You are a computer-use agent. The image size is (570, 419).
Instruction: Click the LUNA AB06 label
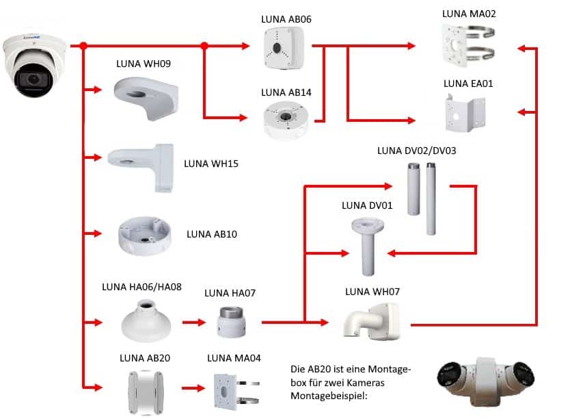click(286, 19)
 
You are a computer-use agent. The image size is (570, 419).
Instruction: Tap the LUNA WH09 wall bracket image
click(146, 96)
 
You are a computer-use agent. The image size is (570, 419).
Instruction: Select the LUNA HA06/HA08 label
click(141, 287)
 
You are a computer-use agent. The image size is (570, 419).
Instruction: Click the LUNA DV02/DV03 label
click(411, 150)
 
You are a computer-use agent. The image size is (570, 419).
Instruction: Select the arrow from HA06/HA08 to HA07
click(193, 320)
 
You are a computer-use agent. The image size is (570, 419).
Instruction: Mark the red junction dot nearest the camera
click(83, 46)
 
